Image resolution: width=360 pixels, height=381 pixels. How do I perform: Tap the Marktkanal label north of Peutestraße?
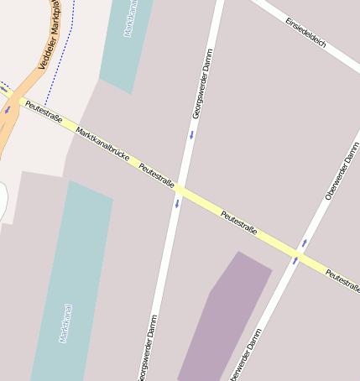pos(129,18)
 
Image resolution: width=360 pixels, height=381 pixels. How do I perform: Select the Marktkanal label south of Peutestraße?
pos(65,323)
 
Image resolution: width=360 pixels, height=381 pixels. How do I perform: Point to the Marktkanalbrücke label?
pos(105,144)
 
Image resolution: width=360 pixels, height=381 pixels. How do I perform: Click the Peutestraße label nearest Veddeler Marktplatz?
pos(44,112)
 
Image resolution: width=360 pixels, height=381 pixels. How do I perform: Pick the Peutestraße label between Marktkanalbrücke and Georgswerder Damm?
pos(156,175)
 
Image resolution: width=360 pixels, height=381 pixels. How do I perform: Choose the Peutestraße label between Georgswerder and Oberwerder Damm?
pos(238,222)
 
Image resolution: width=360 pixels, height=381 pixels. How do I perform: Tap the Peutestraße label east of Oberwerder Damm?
pos(343,281)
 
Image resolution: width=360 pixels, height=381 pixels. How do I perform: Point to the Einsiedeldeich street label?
pos(305,33)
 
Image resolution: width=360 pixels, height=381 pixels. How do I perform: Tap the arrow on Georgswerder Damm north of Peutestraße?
pos(191,134)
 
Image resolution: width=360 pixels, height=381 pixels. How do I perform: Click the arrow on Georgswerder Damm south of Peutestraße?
pos(177,204)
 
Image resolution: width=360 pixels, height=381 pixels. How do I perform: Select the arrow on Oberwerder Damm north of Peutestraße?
pos(304,243)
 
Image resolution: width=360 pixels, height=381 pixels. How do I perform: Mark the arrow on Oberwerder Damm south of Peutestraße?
pos(295,261)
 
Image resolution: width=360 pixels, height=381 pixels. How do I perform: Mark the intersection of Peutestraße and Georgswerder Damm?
pos(180,189)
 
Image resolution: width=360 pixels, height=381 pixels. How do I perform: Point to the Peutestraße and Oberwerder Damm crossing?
pos(299,253)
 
